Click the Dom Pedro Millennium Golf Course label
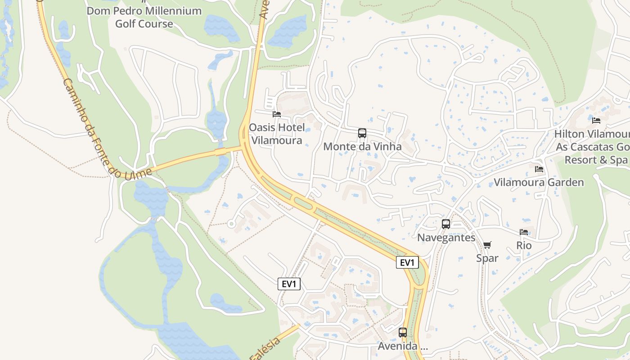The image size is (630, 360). pyautogui.click(x=144, y=17)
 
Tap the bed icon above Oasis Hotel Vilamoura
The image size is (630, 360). pyautogui.click(x=277, y=114)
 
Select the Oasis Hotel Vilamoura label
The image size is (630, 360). pyautogui.click(x=277, y=134)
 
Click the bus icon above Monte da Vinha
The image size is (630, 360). pyautogui.click(x=362, y=133)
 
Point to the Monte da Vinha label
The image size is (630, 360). pyautogui.click(x=362, y=146)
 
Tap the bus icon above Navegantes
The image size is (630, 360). pyautogui.click(x=446, y=224)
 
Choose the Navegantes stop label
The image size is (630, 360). pyautogui.click(x=446, y=238)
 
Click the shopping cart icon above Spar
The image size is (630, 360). pyautogui.click(x=487, y=245)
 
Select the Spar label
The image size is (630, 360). pyautogui.click(x=487, y=258)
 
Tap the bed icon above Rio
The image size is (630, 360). pyautogui.click(x=524, y=232)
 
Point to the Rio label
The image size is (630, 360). pyautogui.click(x=524, y=246)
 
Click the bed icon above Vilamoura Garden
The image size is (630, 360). pyautogui.click(x=539, y=169)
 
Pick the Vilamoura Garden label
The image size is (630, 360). pyautogui.click(x=539, y=182)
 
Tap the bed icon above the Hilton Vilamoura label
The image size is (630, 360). pyautogui.click(x=596, y=120)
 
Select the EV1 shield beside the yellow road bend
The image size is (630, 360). pyautogui.click(x=407, y=263)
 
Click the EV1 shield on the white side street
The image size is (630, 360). pyautogui.click(x=289, y=284)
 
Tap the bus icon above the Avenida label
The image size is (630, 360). pyautogui.click(x=403, y=333)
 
